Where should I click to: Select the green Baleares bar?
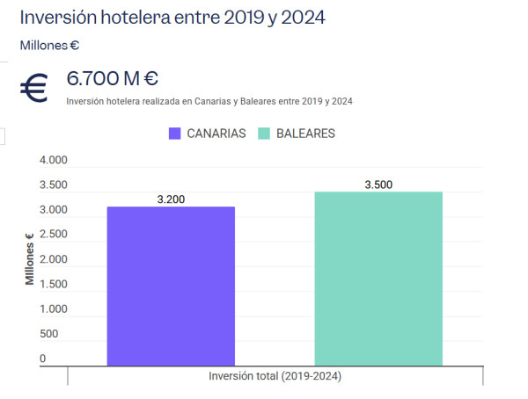point(378,278)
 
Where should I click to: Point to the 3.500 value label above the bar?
point(378,185)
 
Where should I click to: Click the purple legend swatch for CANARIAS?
point(174,134)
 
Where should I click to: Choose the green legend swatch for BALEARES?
point(263,134)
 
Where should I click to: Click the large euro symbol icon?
point(35,89)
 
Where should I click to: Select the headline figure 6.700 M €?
point(113,78)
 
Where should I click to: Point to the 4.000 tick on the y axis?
point(54,161)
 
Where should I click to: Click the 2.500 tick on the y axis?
point(54,235)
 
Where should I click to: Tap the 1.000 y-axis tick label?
point(54,308)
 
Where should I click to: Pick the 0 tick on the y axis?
point(42,359)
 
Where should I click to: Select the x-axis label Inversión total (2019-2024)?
point(275,376)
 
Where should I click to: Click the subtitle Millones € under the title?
point(50,45)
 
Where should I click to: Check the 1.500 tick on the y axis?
point(54,284)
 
